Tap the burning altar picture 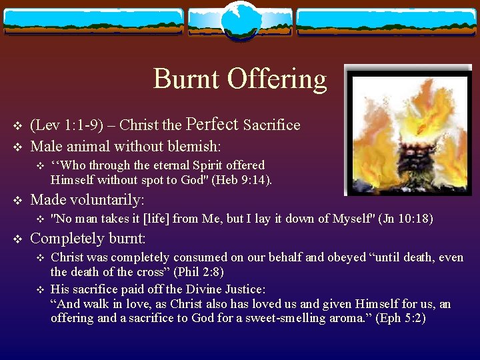(407, 131)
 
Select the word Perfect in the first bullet (212, 125)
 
